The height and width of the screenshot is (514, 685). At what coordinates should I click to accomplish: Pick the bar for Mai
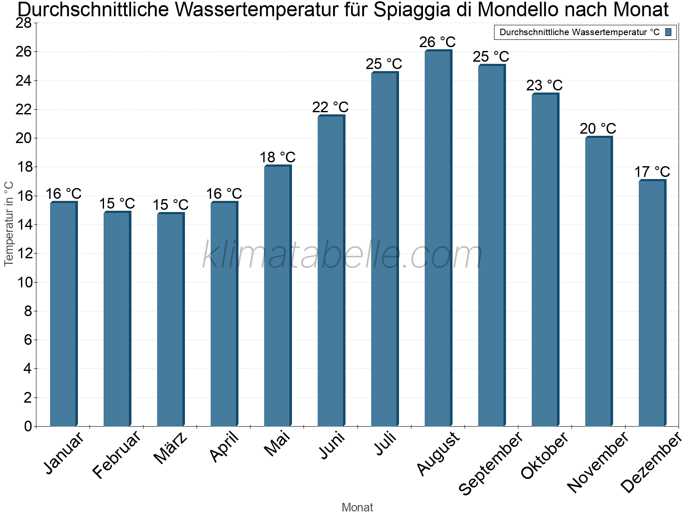tap(277, 296)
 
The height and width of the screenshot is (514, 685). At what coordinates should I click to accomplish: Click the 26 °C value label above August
tap(438, 42)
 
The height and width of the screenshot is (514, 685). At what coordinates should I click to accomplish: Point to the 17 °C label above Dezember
tap(652, 172)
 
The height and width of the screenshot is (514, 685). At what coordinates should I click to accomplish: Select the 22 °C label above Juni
tap(331, 107)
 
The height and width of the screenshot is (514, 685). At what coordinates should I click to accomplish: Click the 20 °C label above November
tap(598, 128)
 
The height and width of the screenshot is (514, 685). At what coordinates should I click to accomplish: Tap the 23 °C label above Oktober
tap(545, 85)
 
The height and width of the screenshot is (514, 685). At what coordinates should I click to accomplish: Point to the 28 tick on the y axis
tap(24, 23)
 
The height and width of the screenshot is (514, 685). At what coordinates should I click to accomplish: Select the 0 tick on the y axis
tap(28, 426)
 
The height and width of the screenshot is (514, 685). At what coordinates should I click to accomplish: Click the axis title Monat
tap(357, 507)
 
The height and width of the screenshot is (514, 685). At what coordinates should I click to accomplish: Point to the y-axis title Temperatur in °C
tap(9, 223)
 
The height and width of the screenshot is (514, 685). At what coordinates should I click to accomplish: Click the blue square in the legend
tap(668, 32)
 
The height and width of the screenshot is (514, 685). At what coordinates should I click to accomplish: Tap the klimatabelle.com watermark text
tap(342, 255)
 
